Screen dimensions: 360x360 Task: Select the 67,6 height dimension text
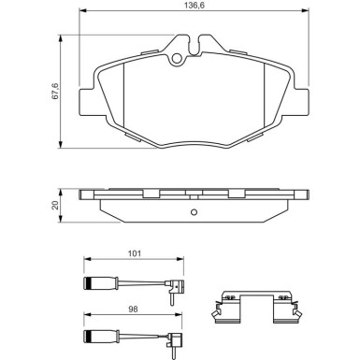tap(55, 91)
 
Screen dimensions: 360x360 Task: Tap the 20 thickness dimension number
tap(55, 205)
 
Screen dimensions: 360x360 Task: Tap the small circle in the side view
tap(194, 211)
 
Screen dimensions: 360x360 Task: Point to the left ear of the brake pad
tap(87, 97)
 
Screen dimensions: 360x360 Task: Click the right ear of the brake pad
tap(300, 97)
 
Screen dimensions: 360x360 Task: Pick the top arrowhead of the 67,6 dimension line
tap(63, 38)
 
